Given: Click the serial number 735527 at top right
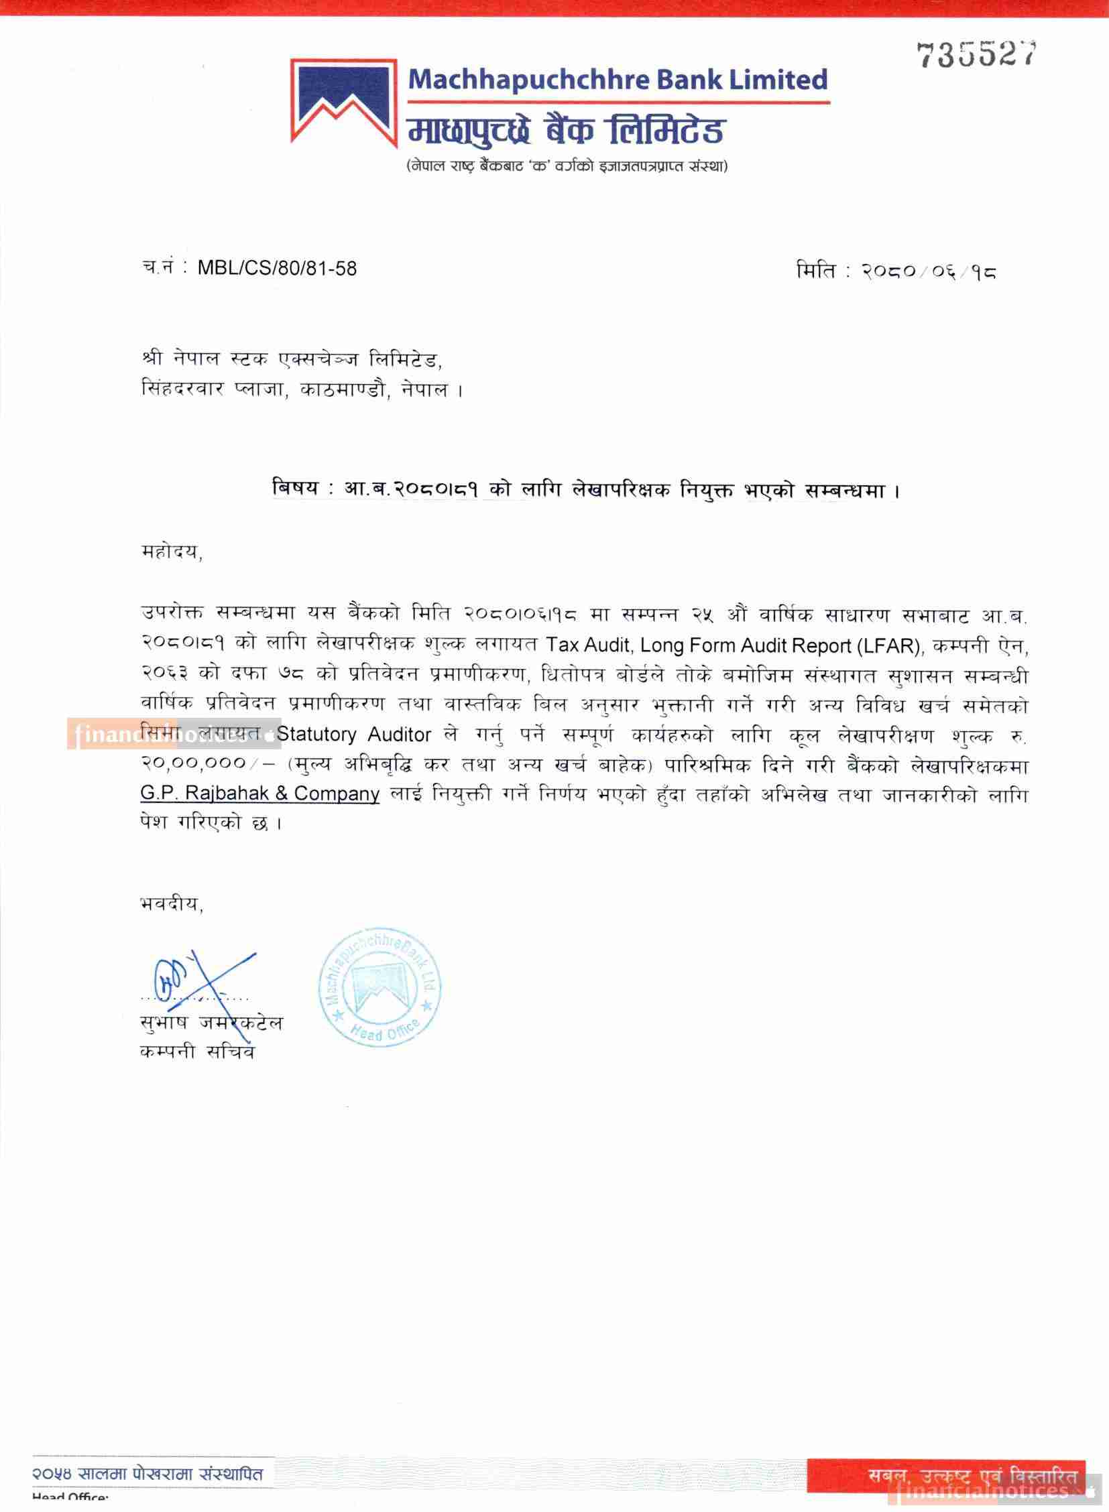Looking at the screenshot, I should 977,54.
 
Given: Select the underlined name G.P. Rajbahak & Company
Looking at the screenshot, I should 260,794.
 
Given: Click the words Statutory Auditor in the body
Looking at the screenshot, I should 354,735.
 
